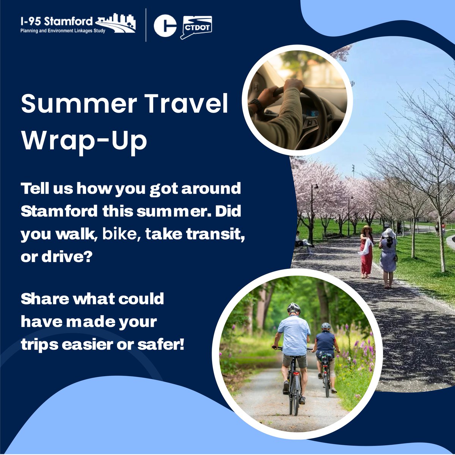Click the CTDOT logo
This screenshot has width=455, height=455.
[196, 27]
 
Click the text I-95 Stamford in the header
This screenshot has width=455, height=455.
[56, 21]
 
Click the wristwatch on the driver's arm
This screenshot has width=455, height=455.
[255, 104]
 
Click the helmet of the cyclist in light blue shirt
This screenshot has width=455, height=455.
[293, 308]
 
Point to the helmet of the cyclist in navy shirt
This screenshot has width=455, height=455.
[326, 326]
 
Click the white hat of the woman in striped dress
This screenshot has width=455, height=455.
[388, 232]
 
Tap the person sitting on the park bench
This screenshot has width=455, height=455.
[300, 239]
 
